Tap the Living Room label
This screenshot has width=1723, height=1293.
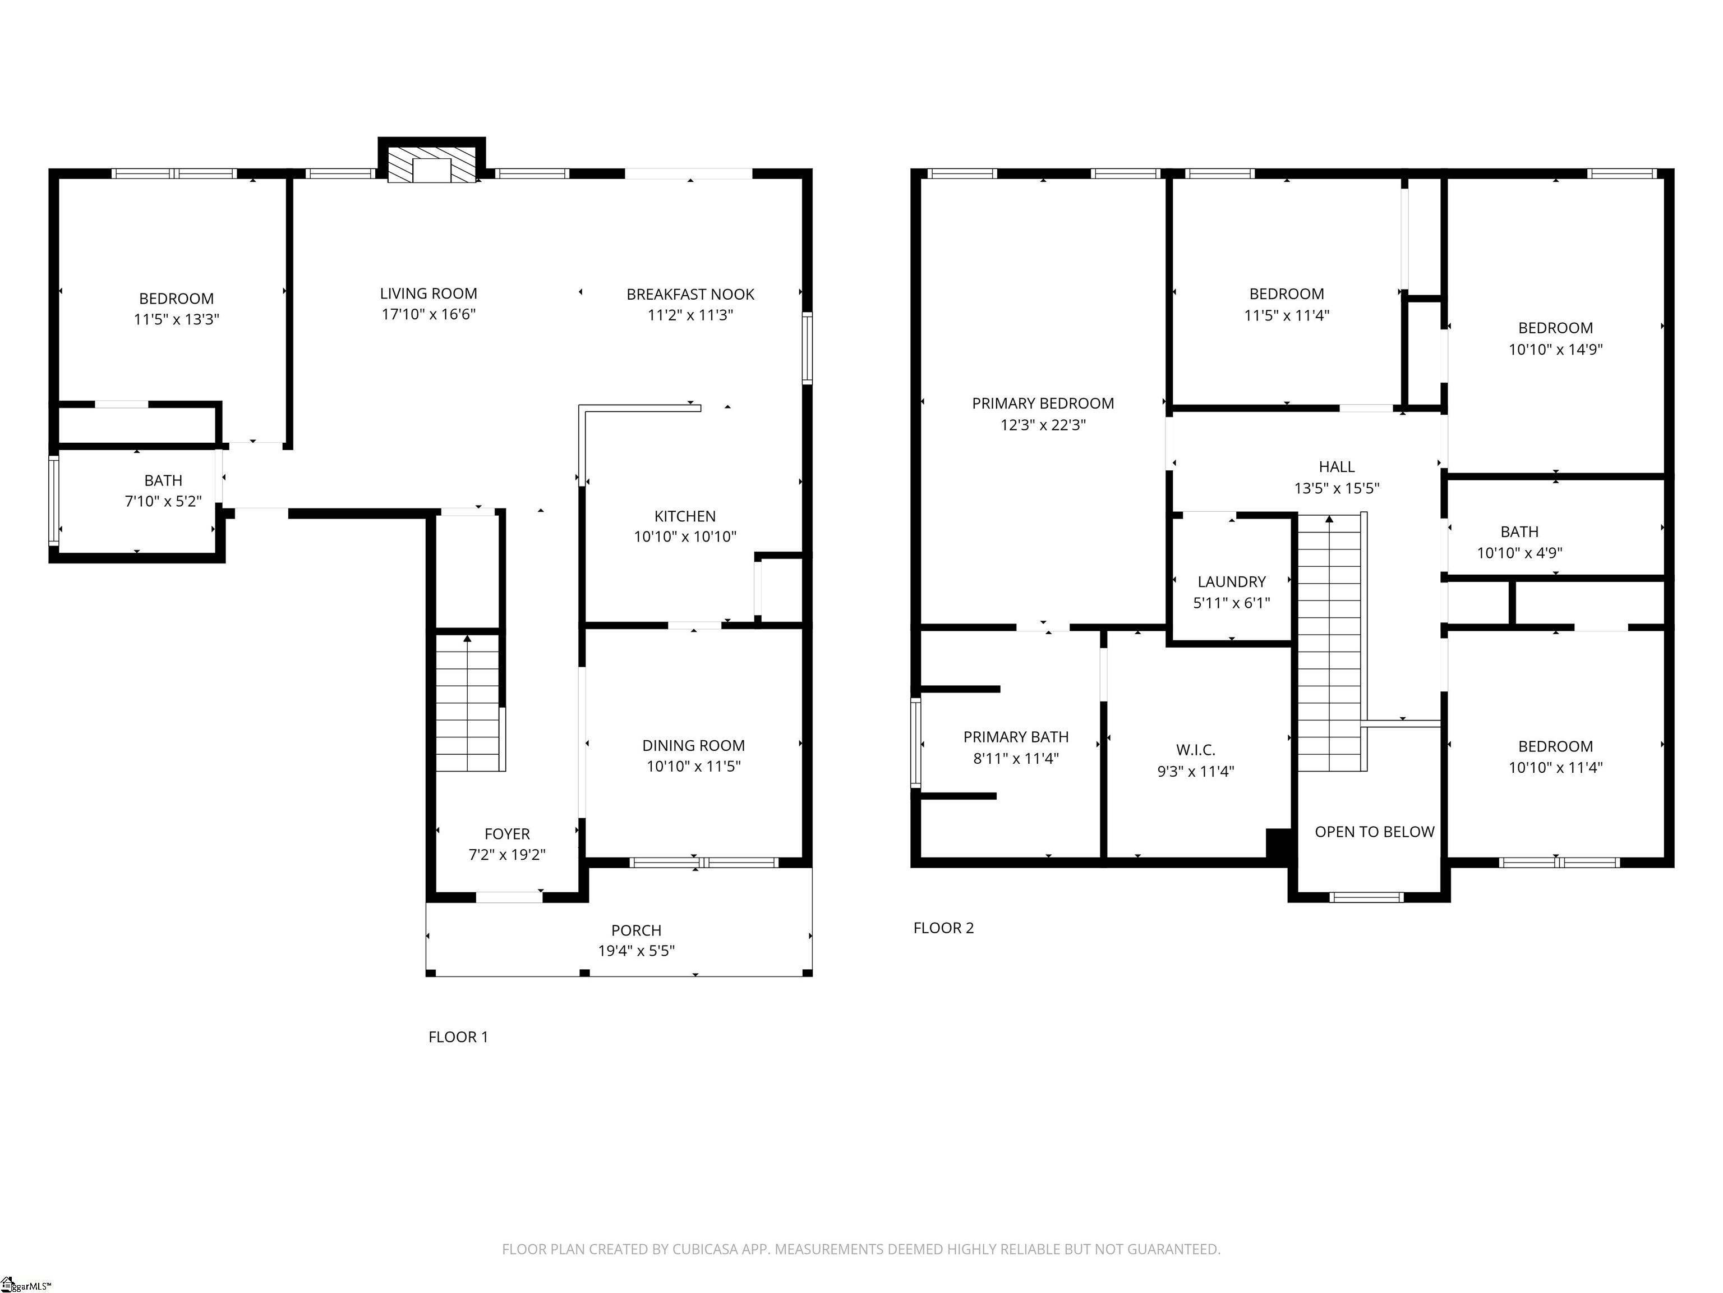[429, 294]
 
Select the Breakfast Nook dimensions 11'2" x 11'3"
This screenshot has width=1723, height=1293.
[690, 315]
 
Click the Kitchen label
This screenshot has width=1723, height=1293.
[685, 516]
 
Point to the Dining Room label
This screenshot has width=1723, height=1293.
[693, 745]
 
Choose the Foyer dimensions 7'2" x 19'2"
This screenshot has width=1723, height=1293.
[507, 854]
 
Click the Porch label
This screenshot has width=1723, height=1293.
[637, 930]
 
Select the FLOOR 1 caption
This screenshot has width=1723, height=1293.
[458, 1037]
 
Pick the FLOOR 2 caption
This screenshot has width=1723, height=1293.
[943, 928]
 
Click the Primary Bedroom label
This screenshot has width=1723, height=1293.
[1043, 403]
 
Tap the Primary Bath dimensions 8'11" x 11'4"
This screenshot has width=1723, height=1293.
[1016, 758]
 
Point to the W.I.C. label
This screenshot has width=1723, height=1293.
[1196, 750]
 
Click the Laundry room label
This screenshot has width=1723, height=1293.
[1232, 581]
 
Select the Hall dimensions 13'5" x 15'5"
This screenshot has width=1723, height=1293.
[1337, 488]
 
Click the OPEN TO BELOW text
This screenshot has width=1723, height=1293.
[1374, 832]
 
